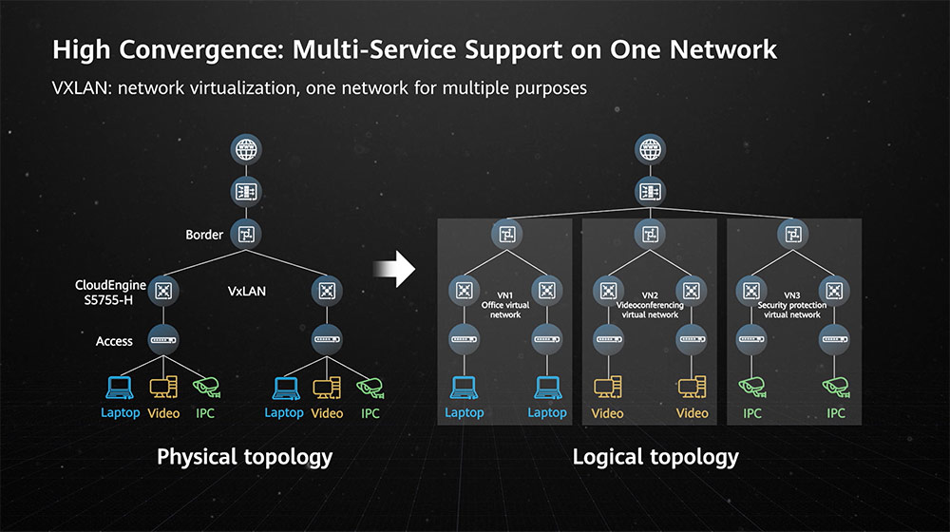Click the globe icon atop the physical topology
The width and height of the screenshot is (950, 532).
[246, 149]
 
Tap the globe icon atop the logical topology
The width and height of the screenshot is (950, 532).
[650, 149]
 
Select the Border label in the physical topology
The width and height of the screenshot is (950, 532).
[205, 235]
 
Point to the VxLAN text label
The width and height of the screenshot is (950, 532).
[247, 292]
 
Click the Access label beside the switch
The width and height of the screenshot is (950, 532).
[114, 340]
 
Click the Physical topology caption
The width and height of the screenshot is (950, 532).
[244, 457]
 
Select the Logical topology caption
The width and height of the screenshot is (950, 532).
[655, 457]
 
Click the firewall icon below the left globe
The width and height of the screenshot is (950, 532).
[246, 192]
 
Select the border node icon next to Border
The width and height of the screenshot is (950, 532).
[246, 234]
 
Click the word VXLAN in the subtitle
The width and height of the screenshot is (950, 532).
[83, 87]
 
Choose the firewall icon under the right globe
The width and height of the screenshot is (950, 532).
[650, 192]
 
